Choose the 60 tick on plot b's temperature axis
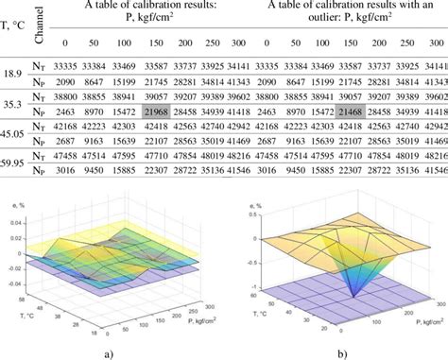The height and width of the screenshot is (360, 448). click(x=252, y=294)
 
